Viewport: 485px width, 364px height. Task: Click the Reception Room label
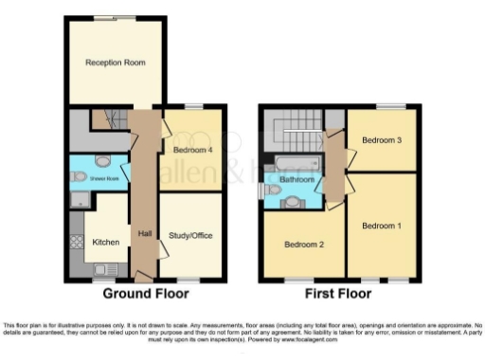(x=115, y=63)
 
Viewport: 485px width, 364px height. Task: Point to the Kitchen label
(x=104, y=243)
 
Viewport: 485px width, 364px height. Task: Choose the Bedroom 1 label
(x=382, y=225)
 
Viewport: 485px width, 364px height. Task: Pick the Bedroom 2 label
(x=304, y=245)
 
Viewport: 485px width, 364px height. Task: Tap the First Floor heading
(x=337, y=295)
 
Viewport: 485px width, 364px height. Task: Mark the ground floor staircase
(x=110, y=119)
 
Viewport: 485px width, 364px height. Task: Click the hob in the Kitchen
(x=76, y=241)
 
